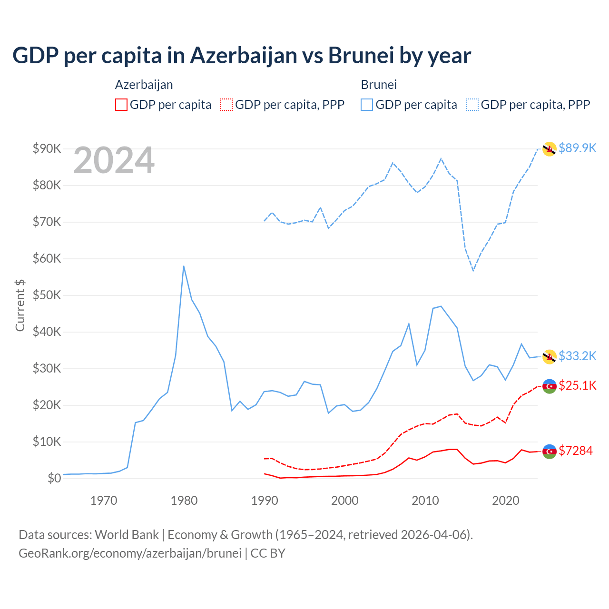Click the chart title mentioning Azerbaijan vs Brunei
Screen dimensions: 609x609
[x=242, y=56]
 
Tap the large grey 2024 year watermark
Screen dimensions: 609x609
[x=114, y=160]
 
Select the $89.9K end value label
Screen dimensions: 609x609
[x=577, y=148]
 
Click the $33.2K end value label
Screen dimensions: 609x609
[x=577, y=356]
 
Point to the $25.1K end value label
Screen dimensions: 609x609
[x=577, y=385]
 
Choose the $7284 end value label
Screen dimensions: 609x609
[x=575, y=451]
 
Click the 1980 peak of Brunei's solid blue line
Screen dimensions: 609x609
[x=184, y=266]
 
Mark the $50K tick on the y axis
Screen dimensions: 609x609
[x=47, y=295]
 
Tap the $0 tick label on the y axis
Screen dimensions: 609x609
[x=54, y=478]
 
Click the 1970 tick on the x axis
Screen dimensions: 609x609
[x=104, y=501]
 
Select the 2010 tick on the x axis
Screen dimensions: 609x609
[x=425, y=501]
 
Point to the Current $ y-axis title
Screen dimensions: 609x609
[x=20, y=305]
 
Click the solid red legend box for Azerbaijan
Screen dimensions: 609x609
[x=121, y=105]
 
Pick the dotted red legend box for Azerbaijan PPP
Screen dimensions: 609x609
[x=226, y=105]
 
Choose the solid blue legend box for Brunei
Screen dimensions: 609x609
[x=367, y=105]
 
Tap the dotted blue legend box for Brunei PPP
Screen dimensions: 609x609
[x=472, y=105]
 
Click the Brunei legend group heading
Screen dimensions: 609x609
[x=379, y=85]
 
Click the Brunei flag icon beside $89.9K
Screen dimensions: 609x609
[x=550, y=149]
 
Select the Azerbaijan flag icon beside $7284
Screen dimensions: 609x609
[x=550, y=452]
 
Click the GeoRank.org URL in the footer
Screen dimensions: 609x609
[x=130, y=553]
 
